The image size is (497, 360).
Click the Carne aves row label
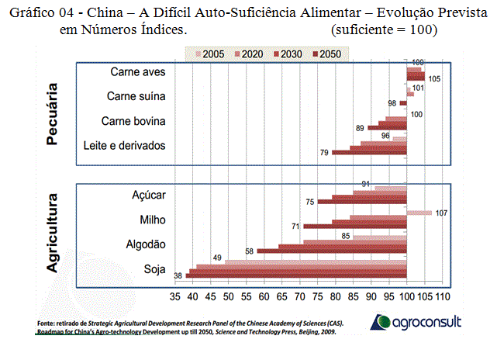point(138,71)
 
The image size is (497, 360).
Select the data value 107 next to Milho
point(443,214)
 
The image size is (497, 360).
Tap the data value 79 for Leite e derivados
point(324,153)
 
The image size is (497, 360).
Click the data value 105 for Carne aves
point(435,78)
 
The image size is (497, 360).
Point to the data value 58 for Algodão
point(249,251)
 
